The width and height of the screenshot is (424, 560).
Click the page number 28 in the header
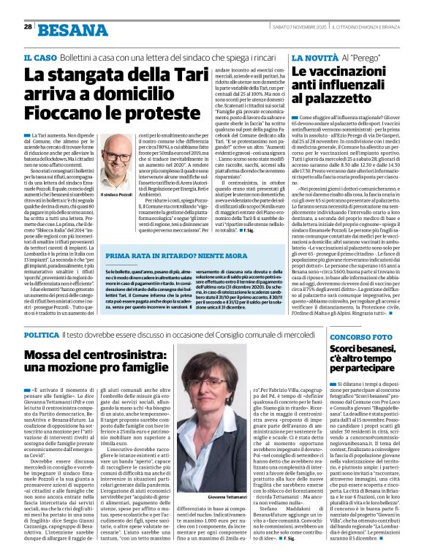pyautogui.click(x=27, y=26)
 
